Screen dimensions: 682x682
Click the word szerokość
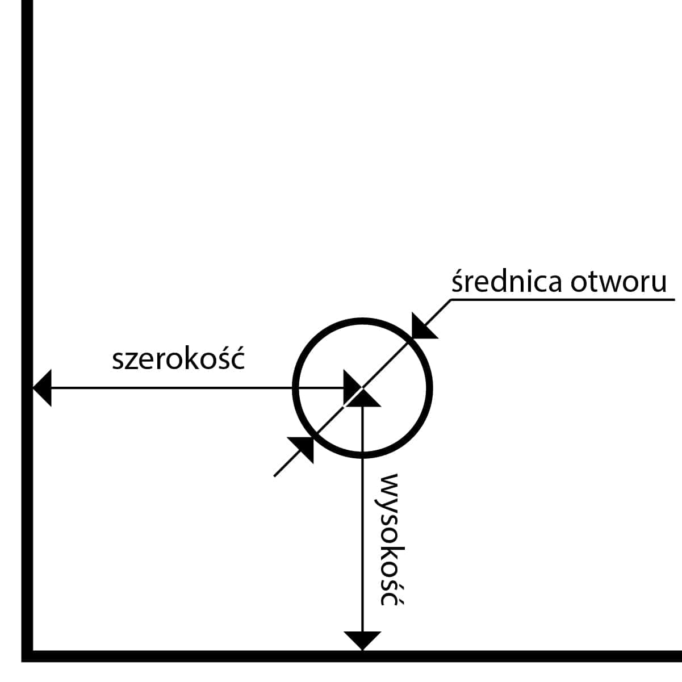click(178, 359)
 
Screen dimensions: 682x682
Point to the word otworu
click(618, 283)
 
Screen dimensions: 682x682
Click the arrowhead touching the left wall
click(43, 388)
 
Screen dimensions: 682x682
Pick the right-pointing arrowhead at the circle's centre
click(350, 388)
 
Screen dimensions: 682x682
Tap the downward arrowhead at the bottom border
click(362, 640)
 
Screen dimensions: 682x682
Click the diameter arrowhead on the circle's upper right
click(422, 327)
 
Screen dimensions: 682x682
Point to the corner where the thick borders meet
click(27, 656)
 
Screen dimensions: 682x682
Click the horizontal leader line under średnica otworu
click(562, 299)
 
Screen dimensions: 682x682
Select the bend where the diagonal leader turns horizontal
click(451, 299)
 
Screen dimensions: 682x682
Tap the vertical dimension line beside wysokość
click(362, 539)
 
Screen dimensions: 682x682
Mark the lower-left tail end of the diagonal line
click(275, 475)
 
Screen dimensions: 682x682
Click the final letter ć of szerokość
click(238, 359)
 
